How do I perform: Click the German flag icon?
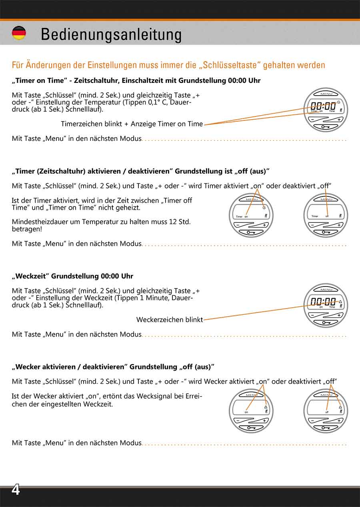point(19,33)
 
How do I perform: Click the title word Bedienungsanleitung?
point(111,34)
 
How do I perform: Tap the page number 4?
point(15,490)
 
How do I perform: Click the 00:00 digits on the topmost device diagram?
point(323,106)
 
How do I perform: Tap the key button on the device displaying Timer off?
point(326,232)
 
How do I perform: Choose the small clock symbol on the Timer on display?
point(264,208)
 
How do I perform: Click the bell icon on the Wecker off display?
point(340,407)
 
